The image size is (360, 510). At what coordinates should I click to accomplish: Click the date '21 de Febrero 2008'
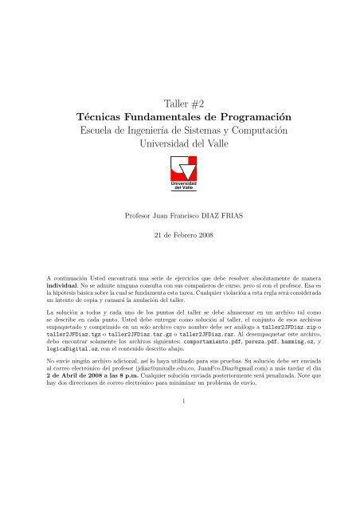[180, 237]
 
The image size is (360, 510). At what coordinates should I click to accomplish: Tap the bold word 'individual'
[65, 283]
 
